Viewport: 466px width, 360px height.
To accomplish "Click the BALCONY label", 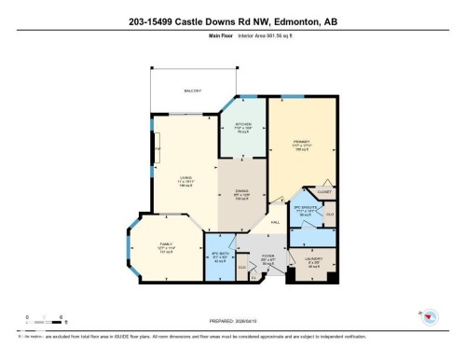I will click(x=193, y=90).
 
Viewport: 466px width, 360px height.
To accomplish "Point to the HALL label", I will click(x=277, y=222).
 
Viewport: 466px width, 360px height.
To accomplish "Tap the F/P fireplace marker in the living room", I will click(x=157, y=148).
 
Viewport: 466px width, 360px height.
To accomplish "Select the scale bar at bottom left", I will click(x=44, y=320).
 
